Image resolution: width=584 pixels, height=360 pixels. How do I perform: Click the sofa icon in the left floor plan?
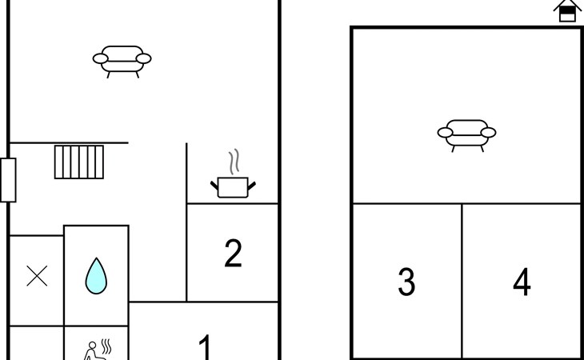pos(122,62)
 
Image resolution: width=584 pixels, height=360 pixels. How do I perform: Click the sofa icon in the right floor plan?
pos(466,135)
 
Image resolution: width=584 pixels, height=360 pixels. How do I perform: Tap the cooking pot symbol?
pos(233,187)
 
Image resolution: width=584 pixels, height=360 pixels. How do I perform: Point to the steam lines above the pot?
pos(234,162)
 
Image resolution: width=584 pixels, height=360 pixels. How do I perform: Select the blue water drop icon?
pos(96,276)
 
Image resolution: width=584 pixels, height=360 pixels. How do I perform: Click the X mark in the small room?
pos(37,276)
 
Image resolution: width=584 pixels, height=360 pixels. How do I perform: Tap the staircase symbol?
pos(79,162)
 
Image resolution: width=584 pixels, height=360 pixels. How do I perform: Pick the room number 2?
pos(233,253)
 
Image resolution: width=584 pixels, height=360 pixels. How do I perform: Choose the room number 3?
pos(406,282)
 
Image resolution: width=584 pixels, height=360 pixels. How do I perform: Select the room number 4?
pos(522,282)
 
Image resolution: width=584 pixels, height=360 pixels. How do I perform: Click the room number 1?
pos(206,347)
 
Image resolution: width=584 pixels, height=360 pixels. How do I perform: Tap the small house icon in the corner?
pos(567,10)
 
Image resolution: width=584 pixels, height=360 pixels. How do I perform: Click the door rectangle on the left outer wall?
pos(8,180)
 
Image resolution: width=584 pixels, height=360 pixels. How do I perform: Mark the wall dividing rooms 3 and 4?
pos(462,281)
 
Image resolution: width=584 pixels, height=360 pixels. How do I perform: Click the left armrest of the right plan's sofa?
pos(445,133)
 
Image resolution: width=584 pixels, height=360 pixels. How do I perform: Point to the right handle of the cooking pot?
pos(252,186)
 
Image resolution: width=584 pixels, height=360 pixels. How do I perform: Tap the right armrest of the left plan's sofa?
pos(144,58)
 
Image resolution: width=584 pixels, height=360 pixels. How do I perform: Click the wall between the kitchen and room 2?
pos(233,204)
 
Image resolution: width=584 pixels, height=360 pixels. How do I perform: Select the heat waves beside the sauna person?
pos(106,346)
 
